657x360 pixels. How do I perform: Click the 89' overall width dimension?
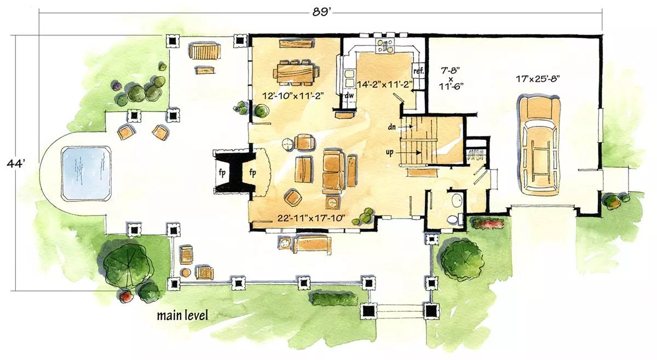coord(321,13)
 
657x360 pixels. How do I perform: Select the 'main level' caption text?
coord(182,316)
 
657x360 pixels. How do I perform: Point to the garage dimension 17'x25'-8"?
coord(538,79)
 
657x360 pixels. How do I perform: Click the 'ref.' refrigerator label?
coord(418,71)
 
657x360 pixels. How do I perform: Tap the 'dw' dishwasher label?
coord(349,95)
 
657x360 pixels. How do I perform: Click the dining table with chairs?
coord(296,73)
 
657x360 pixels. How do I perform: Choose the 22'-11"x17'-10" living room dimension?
coord(311,218)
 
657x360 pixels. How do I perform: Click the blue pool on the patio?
coord(86,173)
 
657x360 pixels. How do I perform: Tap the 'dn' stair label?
coord(392,127)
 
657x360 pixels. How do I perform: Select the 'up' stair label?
coord(390,153)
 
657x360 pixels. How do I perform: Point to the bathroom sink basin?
coord(457,200)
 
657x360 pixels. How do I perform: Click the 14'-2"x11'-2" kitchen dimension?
coord(385,84)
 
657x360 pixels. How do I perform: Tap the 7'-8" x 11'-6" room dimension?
coord(451,79)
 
